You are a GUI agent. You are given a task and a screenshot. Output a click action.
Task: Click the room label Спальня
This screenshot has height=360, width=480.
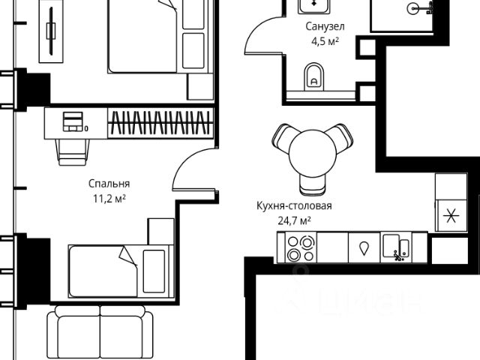coord(109,183)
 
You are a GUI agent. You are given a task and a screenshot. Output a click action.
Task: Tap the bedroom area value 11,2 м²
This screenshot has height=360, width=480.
coord(109,198)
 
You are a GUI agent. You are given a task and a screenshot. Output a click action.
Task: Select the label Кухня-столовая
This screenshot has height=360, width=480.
coord(293,205)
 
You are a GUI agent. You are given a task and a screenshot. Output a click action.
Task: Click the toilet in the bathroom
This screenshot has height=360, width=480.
coord(314,75)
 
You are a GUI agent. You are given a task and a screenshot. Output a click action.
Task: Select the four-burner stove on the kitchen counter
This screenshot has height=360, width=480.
coord(306,248)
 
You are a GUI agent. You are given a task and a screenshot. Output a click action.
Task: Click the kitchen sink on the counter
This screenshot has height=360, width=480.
coord(395,247)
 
